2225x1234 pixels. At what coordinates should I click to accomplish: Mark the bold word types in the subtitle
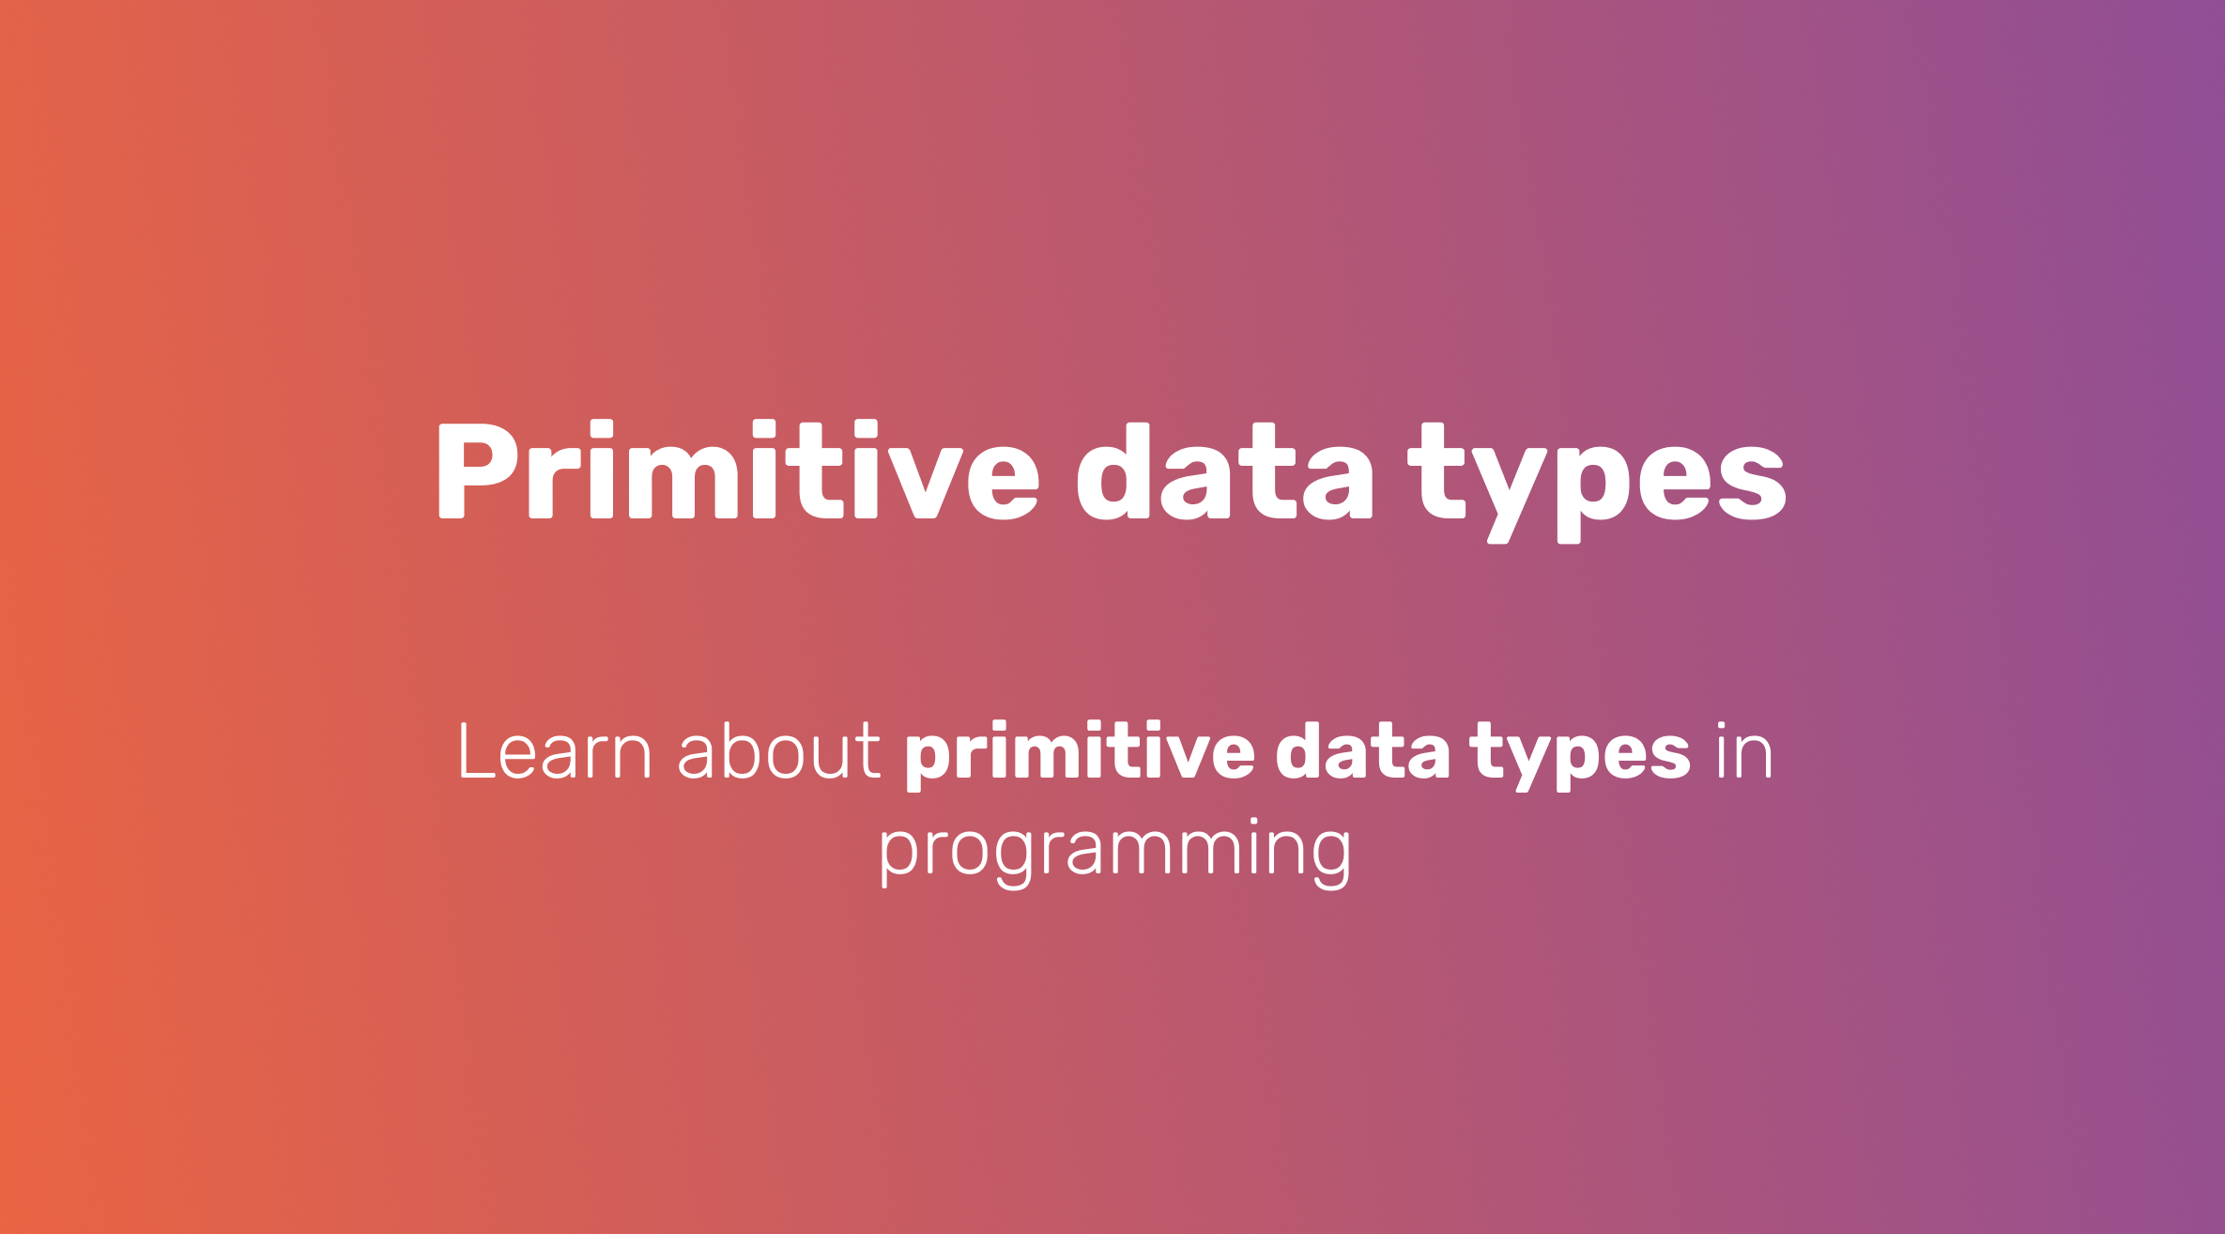coord(1580,756)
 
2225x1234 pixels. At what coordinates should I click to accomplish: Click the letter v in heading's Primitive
coord(926,484)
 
